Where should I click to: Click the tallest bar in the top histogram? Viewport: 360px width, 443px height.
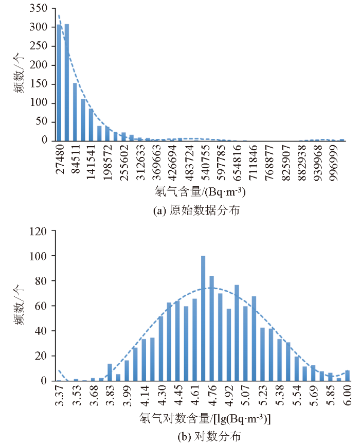66,82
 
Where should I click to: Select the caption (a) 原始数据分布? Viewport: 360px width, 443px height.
197,210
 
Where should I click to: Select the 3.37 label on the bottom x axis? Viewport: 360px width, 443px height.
60,395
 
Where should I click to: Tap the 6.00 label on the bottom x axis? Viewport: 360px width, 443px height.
348,395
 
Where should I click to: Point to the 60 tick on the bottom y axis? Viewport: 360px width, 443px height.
42,306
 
